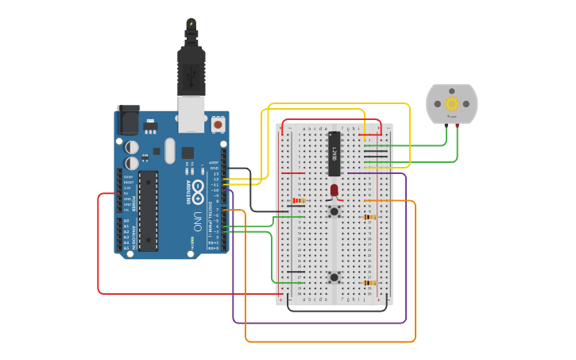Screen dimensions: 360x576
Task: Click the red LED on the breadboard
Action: point(334,191)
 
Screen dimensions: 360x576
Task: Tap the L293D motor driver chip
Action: point(334,153)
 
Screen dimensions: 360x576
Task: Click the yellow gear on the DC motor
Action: point(451,104)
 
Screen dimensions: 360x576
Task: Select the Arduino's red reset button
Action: point(218,125)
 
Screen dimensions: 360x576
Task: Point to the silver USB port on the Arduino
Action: point(191,113)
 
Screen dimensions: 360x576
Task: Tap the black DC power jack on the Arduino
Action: point(128,121)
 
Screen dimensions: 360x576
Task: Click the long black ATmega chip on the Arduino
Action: point(148,211)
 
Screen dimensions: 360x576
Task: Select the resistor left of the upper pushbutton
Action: point(298,201)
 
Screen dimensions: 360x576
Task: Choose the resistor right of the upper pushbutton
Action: point(369,217)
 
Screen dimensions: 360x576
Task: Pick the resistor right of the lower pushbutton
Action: point(369,283)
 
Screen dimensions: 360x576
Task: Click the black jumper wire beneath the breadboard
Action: point(338,310)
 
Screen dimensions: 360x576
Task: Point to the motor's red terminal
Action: point(457,125)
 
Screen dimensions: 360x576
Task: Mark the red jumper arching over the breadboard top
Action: point(334,121)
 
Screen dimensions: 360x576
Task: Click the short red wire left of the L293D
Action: point(292,173)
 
